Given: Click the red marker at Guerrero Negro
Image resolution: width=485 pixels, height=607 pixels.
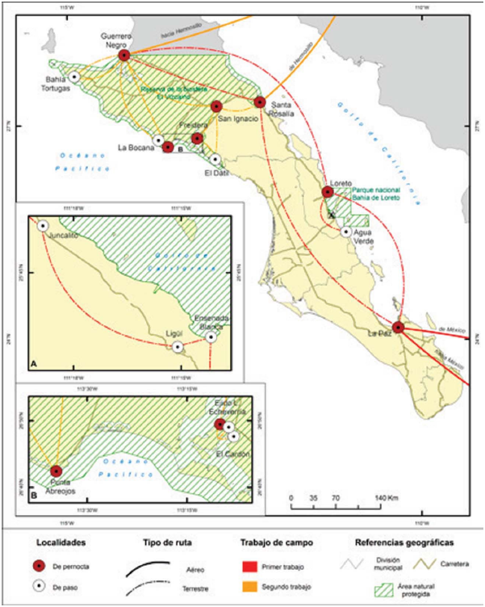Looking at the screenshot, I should (x=124, y=56).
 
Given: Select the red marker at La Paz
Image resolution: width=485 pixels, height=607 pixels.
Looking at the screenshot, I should (x=398, y=327).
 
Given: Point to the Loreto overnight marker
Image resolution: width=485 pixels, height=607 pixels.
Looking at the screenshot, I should (x=328, y=192).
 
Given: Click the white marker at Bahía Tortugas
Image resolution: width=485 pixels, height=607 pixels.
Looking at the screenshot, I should (x=74, y=76).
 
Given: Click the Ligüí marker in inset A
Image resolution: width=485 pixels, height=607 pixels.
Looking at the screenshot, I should (x=178, y=347).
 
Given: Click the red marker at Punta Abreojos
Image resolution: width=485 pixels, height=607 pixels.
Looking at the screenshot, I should (x=56, y=471).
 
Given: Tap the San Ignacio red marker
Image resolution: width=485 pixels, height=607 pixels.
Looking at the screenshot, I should (x=216, y=107).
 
